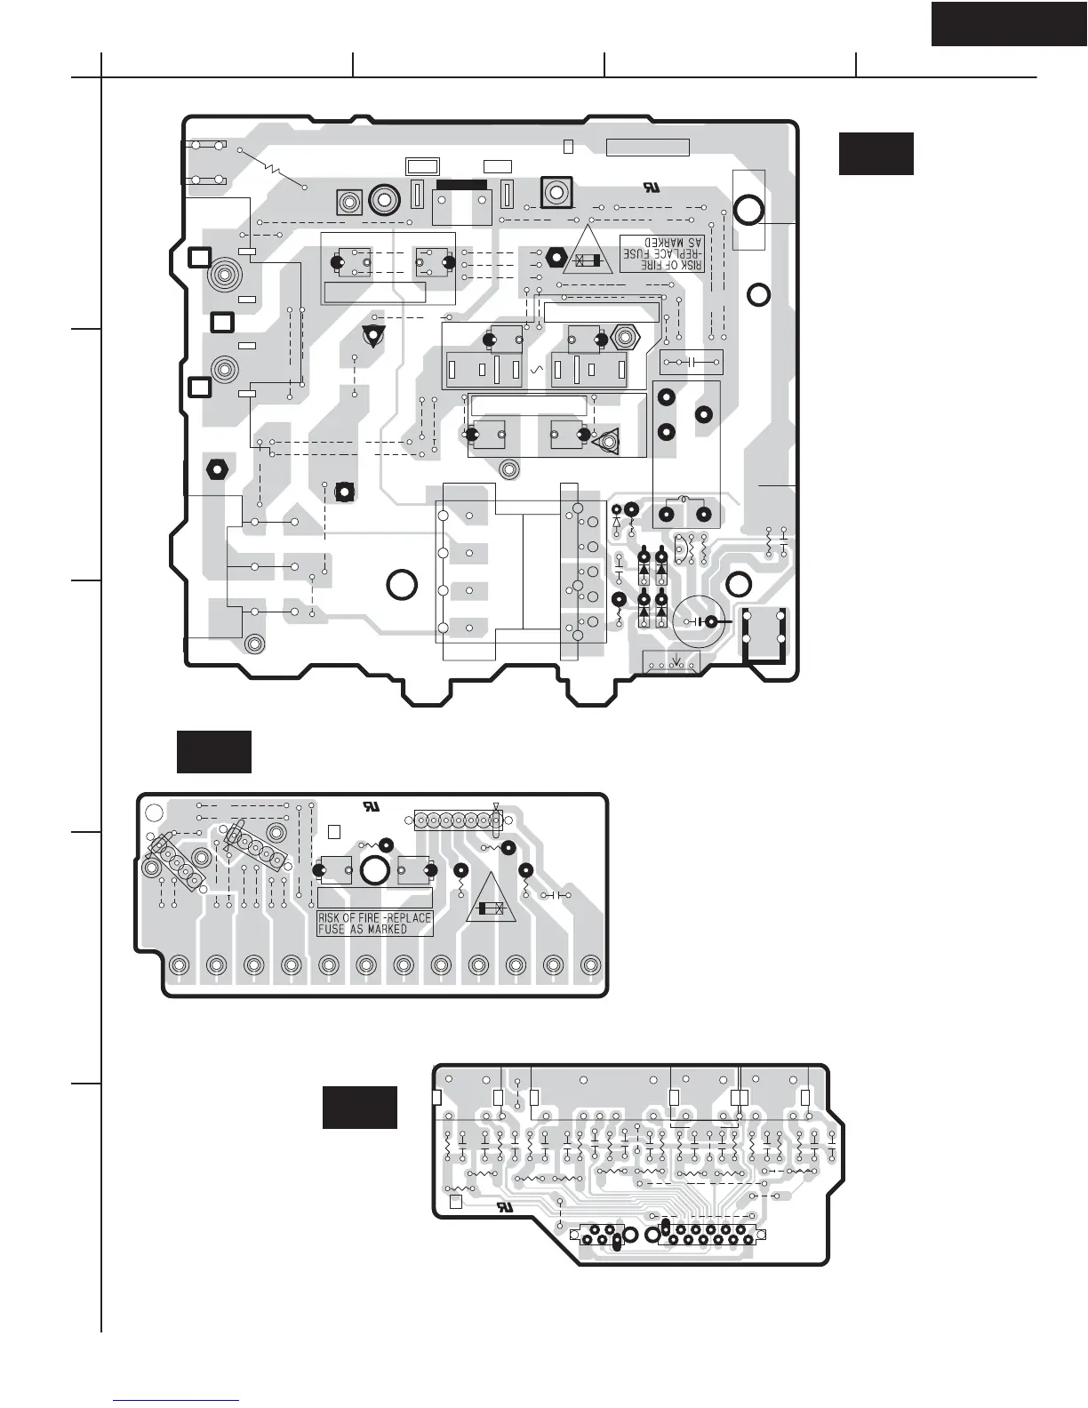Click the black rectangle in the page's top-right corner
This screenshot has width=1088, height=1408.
pyautogui.click(x=1009, y=24)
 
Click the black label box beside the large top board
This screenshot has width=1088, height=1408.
pyautogui.click(x=876, y=154)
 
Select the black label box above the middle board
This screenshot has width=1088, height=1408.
pyautogui.click(x=213, y=752)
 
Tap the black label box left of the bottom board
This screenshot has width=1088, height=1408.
pyautogui.click(x=359, y=1108)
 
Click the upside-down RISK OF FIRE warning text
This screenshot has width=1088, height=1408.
pyautogui.click(x=661, y=253)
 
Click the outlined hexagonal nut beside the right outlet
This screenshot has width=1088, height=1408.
pyautogui.click(x=626, y=339)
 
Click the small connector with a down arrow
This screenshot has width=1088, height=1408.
pyautogui.click(x=670, y=662)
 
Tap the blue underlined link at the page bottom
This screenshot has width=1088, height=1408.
pyautogui.click(x=178, y=1400)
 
